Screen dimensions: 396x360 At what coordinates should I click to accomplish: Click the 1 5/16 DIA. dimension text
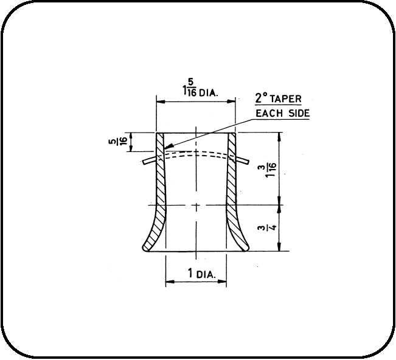pos(200,88)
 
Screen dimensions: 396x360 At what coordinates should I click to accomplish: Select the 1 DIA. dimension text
pos(201,274)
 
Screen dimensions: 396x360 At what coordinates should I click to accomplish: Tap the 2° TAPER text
pos(278,99)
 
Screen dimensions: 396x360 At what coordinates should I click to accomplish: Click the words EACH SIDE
pos(283,113)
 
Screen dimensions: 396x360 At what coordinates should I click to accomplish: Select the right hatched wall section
pos(234,192)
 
